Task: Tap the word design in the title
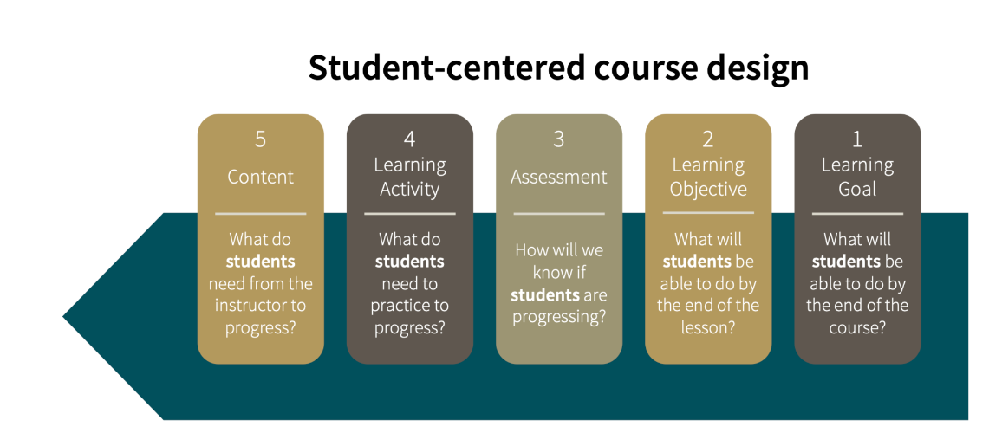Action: pyautogui.click(x=762, y=69)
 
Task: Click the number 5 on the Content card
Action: pyautogui.click(x=260, y=139)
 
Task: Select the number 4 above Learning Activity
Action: pyautogui.click(x=410, y=139)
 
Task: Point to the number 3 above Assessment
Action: pyautogui.click(x=558, y=139)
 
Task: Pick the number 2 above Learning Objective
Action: pyautogui.click(x=708, y=139)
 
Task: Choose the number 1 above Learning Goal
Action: pyautogui.click(x=857, y=139)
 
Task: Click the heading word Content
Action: pyautogui.click(x=261, y=177)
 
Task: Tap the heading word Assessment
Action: pyautogui.click(x=558, y=177)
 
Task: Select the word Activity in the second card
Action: pyautogui.click(x=410, y=190)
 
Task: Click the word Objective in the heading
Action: pyautogui.click(x=708, y=190)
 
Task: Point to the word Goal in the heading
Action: pyautogui.click(x=857, y=190)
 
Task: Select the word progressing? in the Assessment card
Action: pyautogui.click(x=558, y=317)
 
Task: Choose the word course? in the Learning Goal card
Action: pyautogui.click(x=857, y=327)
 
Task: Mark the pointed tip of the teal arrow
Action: pyautogui.click(x=63, y=316)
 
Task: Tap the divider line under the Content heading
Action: pyautogui.click(x=261, y=214)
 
